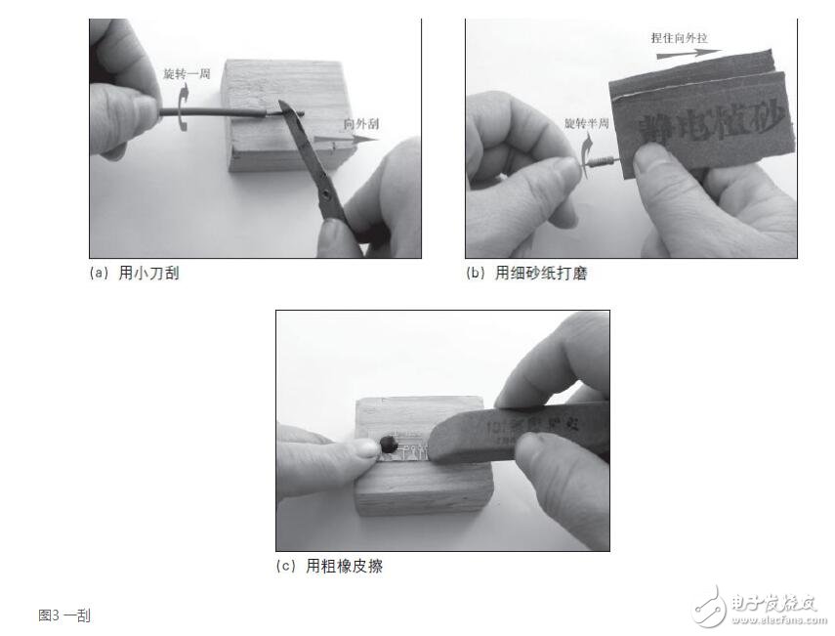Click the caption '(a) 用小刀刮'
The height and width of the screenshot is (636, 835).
pyautogui.click(x=134, y=275)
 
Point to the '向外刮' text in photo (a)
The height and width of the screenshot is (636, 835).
pyautogui.click(x=362, y=124)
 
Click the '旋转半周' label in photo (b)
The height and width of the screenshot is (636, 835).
pyautogui.click(x=587, y=124)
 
